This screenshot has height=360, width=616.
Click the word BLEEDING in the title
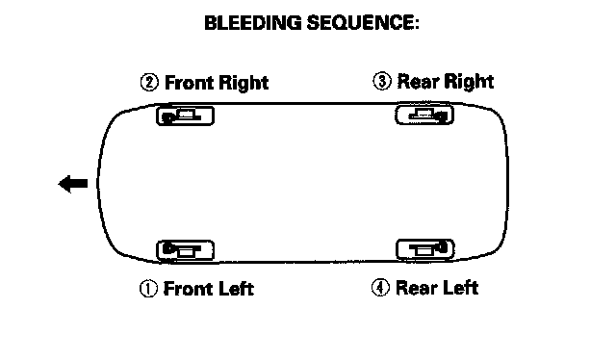(x=253, y=23)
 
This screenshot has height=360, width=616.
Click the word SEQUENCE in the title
(x=359, y=23)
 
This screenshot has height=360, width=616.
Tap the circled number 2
(x=150, y=83)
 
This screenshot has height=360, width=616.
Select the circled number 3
(x=382, y=82)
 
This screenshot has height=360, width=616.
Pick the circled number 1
(x=148, y=289)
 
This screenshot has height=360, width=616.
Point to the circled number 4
(x=380, y=287)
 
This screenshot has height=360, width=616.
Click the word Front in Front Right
(x=189, y=83)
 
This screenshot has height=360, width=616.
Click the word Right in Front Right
(x=244, y=84)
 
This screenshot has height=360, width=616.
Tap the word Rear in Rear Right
(x=418, y=82)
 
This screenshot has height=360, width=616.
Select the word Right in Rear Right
(x=469, y=82)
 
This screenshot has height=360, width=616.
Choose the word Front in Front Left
(x=188, y=289)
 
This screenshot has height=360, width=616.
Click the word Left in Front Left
(x=236, y=289)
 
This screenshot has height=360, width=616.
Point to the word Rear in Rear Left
(x=417, y=287)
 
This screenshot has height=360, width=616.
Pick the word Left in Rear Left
(x=460, y=287)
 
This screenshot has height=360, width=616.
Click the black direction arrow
(x=73, y=184)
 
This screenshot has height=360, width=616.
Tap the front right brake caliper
(x=186, y=116)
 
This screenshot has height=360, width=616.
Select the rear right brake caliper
(x=424, y=115)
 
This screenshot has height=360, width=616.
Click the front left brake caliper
(x=186, y=250)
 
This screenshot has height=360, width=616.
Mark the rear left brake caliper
(x=425, y=249)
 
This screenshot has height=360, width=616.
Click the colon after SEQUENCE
(x=417, y=24)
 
